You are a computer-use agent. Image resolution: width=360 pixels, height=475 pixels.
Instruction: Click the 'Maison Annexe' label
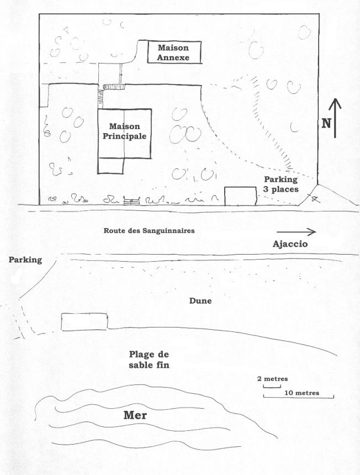coord(173,52)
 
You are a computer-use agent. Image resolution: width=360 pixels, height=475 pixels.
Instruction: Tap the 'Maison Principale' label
coord(124,131)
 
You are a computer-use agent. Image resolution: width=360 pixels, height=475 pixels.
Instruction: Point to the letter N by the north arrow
coord(326,123)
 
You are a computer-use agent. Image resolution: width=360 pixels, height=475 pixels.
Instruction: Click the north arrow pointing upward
coord(335,118)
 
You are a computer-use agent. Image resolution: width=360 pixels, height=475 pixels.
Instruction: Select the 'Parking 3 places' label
coord(281,184)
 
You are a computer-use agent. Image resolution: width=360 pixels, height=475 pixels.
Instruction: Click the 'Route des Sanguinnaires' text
coord(149,230)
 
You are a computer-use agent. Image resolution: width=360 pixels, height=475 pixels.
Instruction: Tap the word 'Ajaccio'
coord(290,244)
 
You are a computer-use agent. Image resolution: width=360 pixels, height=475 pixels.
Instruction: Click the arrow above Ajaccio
coord(296,232)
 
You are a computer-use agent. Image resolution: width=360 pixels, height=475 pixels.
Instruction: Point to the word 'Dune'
coord(200,301)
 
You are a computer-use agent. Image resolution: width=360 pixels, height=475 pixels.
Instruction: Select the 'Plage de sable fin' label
coord(149,360)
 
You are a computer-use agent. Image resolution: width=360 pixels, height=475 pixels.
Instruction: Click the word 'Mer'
coord(135,415)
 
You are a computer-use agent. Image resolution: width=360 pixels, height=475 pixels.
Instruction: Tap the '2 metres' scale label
coord(273,379)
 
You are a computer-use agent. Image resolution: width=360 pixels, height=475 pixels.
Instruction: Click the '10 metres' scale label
coord(302,393)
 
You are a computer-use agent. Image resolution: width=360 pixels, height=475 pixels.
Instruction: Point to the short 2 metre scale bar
coord(272,387)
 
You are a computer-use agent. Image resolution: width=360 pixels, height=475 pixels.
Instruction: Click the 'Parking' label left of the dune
coord(25,260)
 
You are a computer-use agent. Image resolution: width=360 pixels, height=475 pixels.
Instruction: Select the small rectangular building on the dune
coord(84,321)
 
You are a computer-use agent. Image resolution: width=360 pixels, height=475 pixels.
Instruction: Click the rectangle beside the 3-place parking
coord(240,196)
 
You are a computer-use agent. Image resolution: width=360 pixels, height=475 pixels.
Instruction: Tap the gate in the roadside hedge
coord(132,200)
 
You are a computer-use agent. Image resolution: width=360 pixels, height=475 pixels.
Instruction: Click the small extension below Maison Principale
coord(111,166)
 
